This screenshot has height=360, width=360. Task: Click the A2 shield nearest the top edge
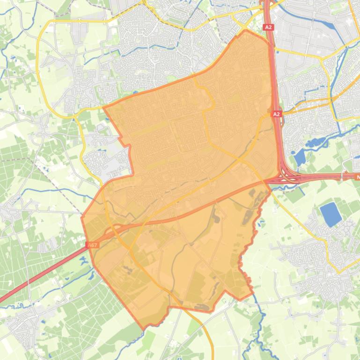click(268, 28)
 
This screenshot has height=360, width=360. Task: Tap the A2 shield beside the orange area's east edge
click(277, 114)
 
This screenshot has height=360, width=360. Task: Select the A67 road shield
click(93, 245)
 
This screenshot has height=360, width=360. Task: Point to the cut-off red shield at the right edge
click(357, 177)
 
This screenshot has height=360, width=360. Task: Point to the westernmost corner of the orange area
click(82, 217)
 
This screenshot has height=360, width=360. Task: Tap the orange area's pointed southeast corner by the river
click(253, 294)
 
